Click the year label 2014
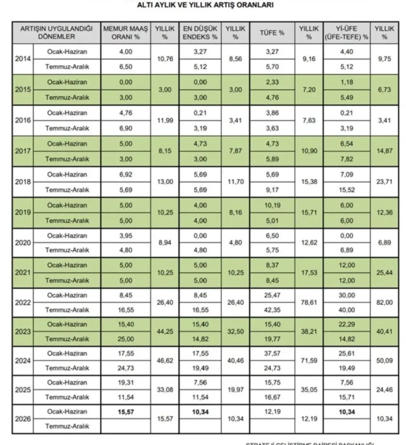click(22, 59)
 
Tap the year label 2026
click(22, 419)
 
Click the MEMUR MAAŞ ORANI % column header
click(125, 32)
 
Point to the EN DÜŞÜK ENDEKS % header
click(200, 32)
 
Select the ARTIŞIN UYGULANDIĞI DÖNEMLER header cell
click(56, 32)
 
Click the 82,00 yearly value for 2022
click(384, 303)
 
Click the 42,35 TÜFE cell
click(272, 310)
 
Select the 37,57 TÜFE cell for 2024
click(272, 353)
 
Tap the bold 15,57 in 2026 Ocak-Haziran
click(125, 411)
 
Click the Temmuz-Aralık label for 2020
click(67, 250)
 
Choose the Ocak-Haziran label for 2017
click(67, 144)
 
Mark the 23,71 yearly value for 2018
click(384, 182)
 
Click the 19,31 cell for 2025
click(125, 383)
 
